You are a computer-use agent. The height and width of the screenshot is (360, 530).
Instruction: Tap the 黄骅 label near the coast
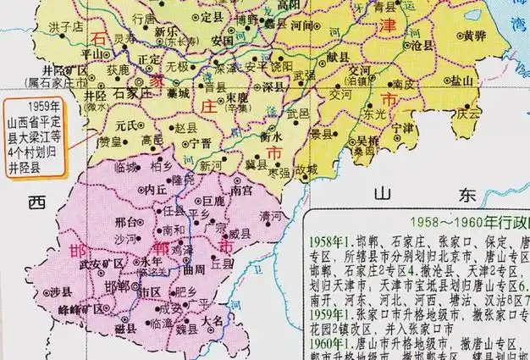(x=475, y=36)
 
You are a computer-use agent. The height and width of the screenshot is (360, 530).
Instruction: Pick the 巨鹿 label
(x=215, y=202)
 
